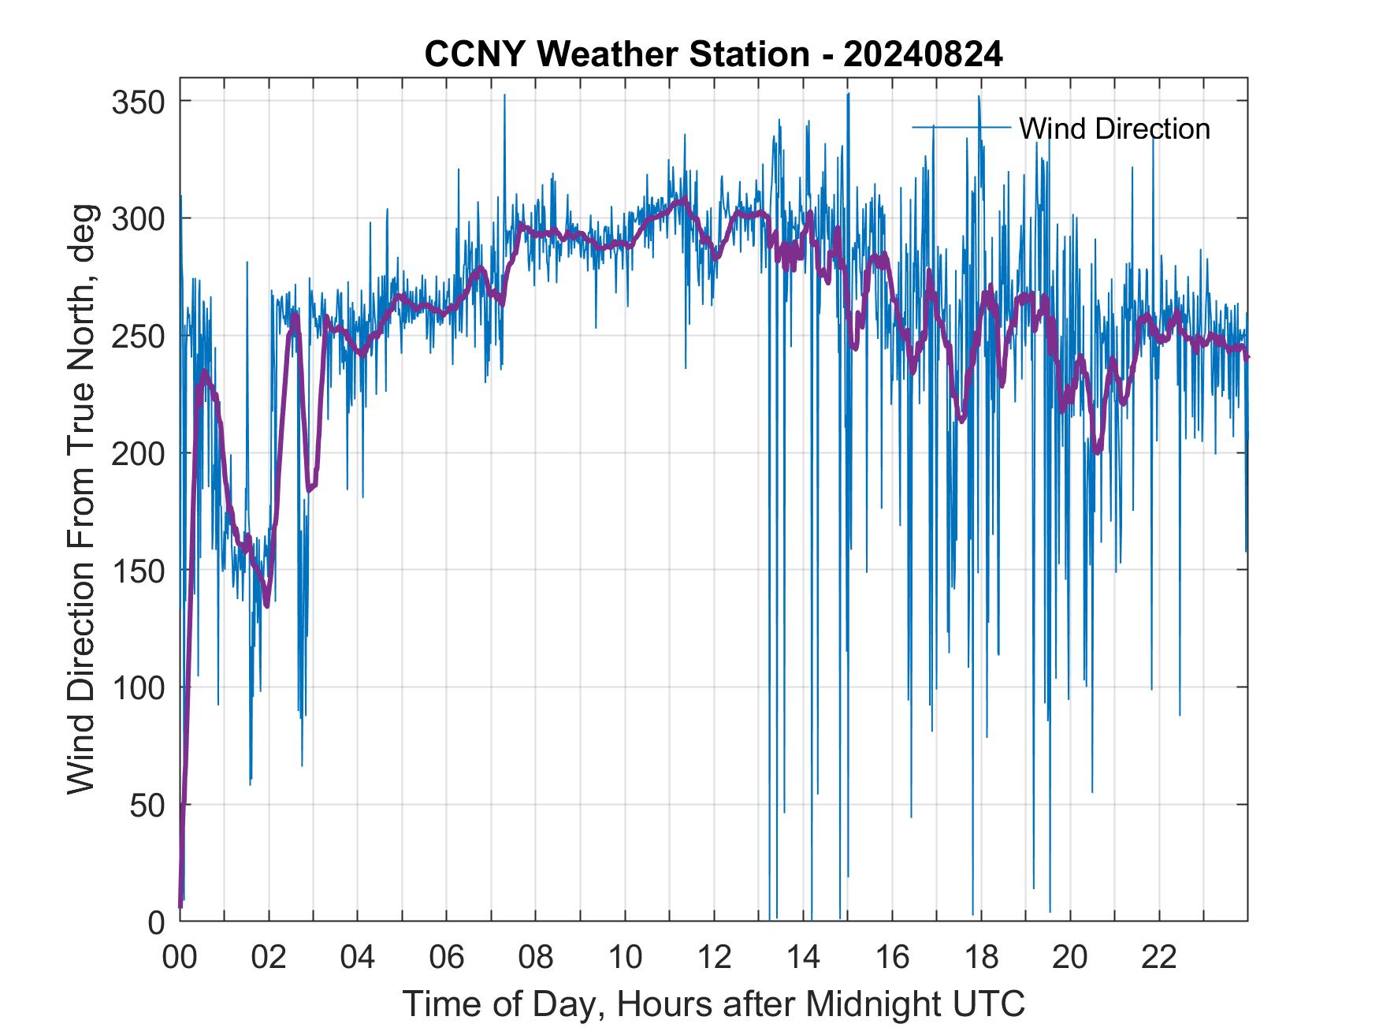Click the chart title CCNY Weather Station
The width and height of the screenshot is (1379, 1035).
coord(616,54)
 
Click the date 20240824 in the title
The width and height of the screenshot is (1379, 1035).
coord(924,54)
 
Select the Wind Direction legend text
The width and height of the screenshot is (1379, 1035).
coord(1114,128)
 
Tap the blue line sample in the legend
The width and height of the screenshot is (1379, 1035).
coord(961,127)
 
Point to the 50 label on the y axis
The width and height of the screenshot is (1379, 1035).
coord(147,806)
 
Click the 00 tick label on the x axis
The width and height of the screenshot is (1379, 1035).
coord(180,958)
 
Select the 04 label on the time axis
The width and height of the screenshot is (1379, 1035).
coord(358,958)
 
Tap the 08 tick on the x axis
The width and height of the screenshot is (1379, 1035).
coord(536,958)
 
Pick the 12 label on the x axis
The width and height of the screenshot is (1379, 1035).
coord(714,958)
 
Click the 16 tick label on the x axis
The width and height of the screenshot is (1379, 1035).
coord(892,958)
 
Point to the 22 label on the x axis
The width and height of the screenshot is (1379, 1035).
coord(1159,958)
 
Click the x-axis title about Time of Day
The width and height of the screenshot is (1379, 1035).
coord(714,1004)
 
